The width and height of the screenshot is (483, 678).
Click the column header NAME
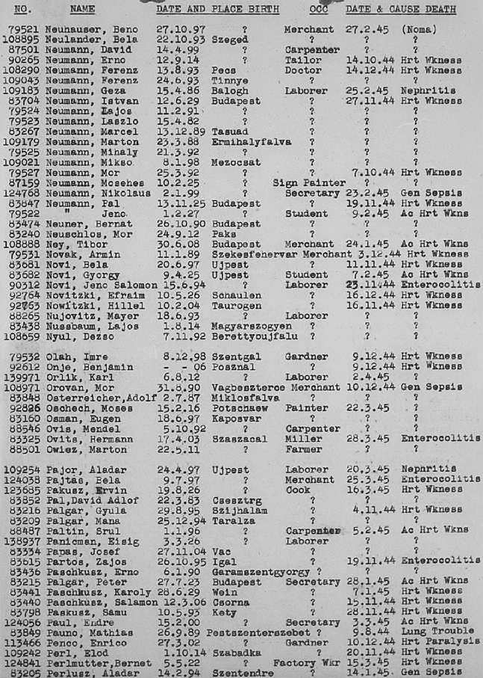[x=84, y=9]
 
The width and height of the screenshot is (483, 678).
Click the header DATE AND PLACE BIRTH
[x=217, y=9]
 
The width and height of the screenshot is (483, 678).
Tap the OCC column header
[x=319, y=9]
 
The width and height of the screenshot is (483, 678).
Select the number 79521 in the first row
[x=25, y=28]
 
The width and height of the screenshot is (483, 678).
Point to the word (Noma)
[x=419, y=28]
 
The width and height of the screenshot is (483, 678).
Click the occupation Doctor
[x=303, y=70]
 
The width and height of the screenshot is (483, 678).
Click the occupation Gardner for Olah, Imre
[x=302, y=356]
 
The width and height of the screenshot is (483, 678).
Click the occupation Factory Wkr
[x=308, y=662]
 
